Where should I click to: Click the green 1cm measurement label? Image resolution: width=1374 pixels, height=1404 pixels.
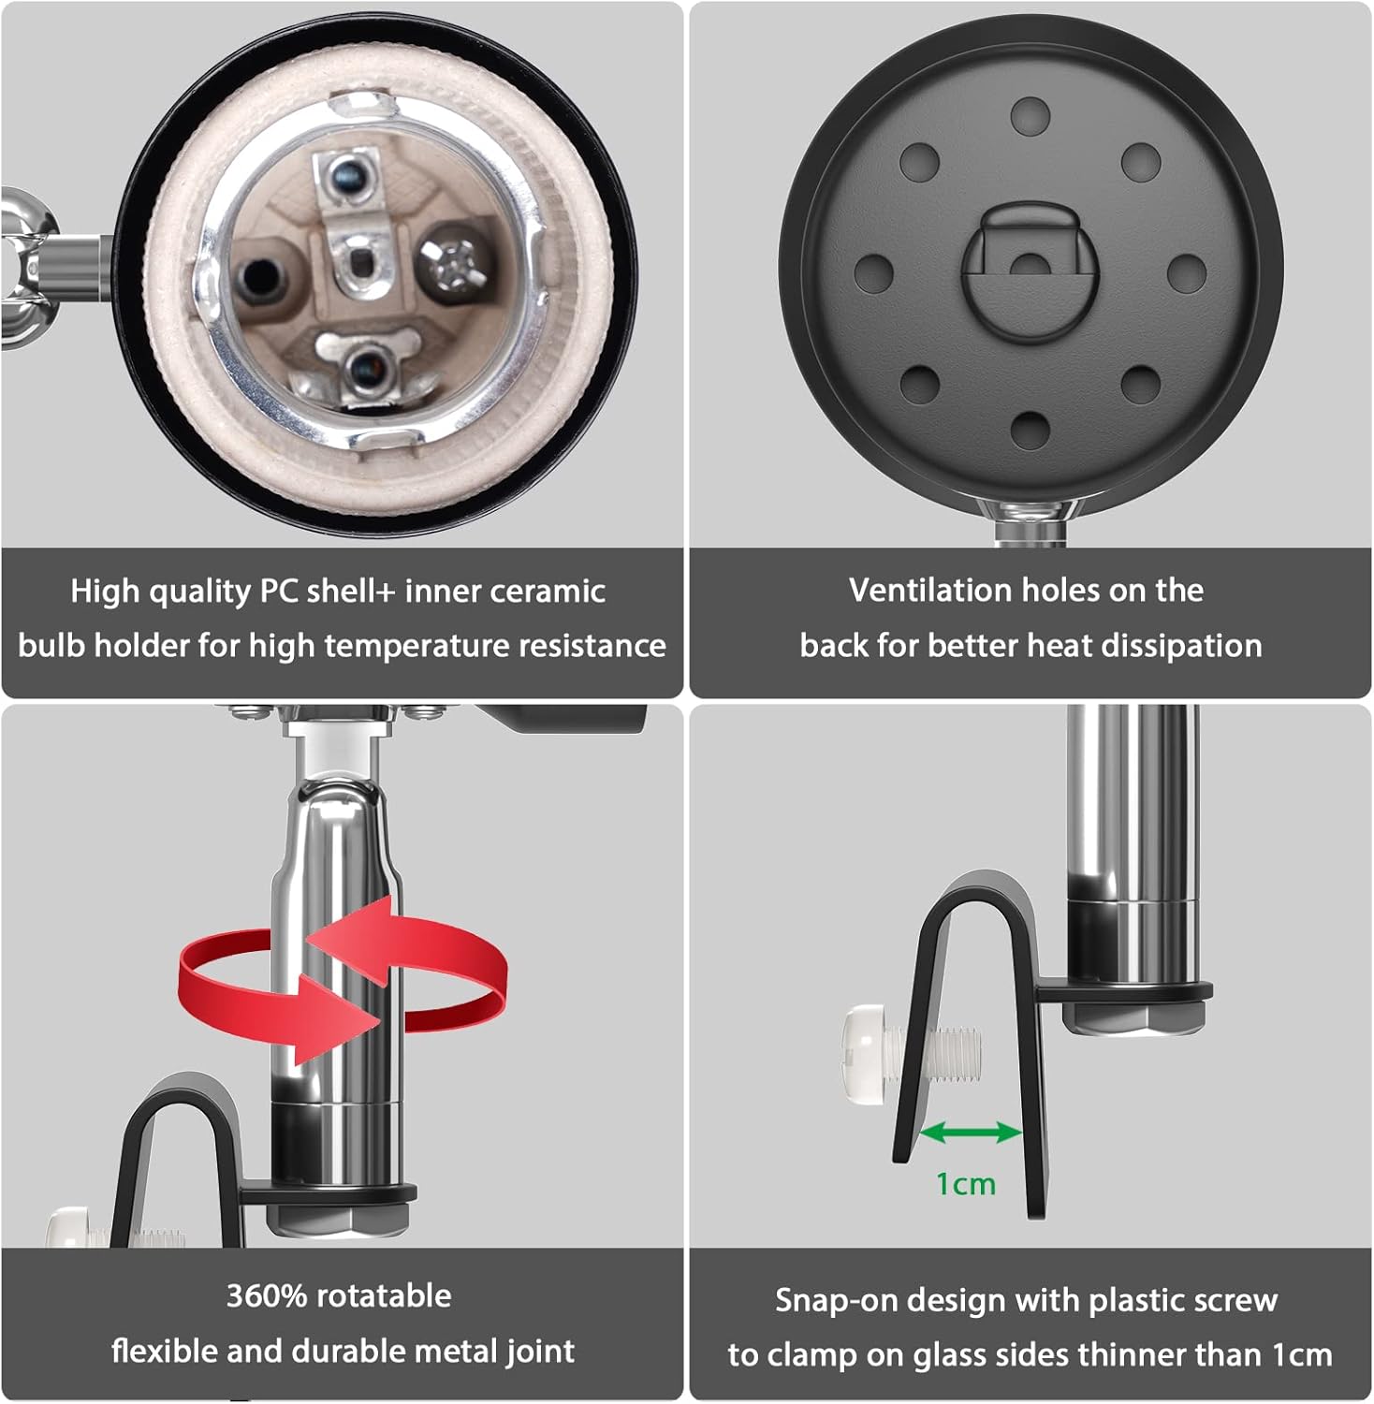click(965, 1184)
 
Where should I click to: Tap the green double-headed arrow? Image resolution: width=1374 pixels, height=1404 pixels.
click(970, 1133)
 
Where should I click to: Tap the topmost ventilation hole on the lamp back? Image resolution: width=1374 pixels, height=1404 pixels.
click(1030, 115)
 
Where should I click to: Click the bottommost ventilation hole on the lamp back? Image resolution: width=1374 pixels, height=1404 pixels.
click(1030, 429)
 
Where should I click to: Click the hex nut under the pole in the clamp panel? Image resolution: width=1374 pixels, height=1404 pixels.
click(1133, 1016)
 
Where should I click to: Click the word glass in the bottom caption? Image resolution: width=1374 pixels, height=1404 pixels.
click(946, 1355)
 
